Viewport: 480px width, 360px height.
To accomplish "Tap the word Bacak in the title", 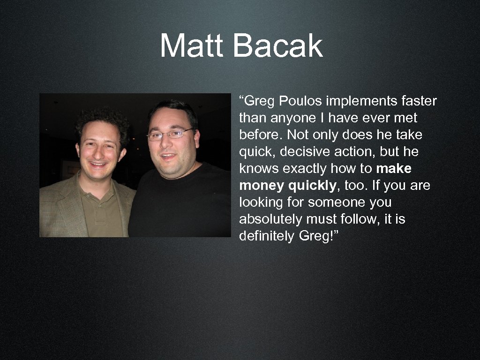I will [277, 46].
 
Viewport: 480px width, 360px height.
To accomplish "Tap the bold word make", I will [394, 169].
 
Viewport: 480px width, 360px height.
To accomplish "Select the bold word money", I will [262, 186].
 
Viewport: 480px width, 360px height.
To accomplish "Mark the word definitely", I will [266, 236].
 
